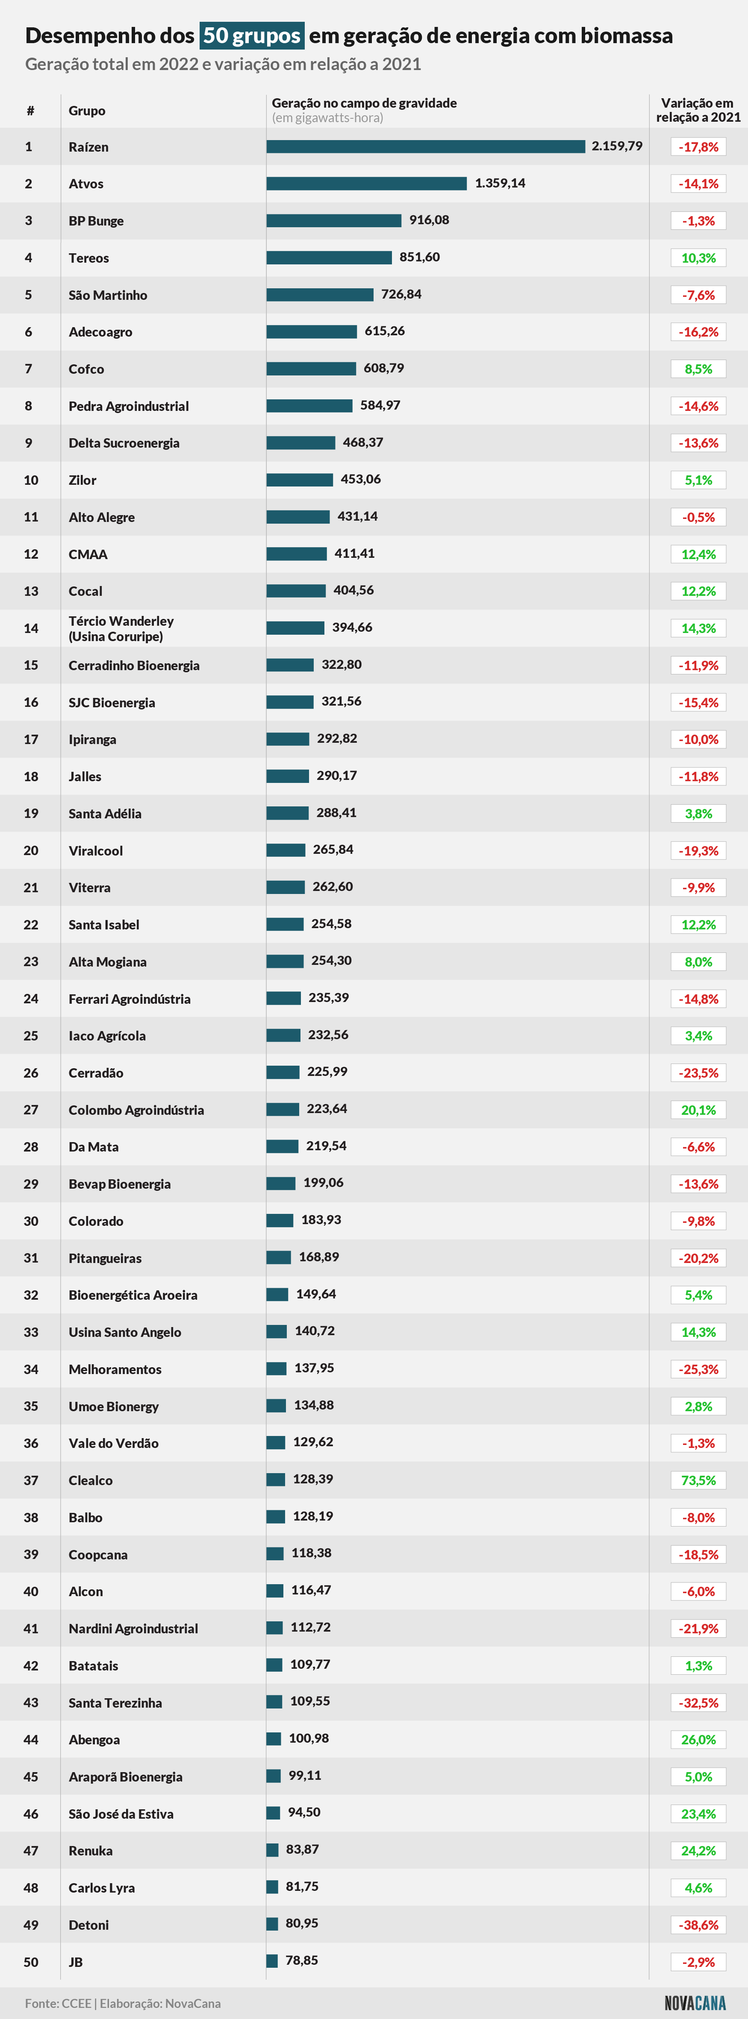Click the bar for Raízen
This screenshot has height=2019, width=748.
pyautogui.click(x=426, y=147)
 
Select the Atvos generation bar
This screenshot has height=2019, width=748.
pyautogui.click(x=367, y=183)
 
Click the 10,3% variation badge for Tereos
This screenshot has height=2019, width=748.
pyautogui.click(x=698, y=258)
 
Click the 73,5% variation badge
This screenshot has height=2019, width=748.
pyautogui.click(x=698, y=1480)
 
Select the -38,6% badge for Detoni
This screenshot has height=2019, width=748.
pyautogui.click(x=698, y=1925)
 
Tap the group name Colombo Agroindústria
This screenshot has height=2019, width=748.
pyautogui.click(x=136, y=1110)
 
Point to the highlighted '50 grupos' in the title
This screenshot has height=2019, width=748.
pyautogui.click(x=252, y=35)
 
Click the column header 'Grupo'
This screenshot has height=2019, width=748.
pyautogui.click(x=87, y=111)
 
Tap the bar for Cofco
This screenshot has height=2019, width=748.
pyautogui.click(x=311, y=368)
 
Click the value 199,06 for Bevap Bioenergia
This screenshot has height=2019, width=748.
pyautogui.click(x=323, y=1183)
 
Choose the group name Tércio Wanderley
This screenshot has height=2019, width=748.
pyautogui.click(x=121, y=621)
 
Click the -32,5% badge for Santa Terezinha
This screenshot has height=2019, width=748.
pyautogui.click(x=698, y=1703)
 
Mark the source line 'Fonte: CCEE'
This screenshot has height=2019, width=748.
pyautogui.click(x=58, y=2003)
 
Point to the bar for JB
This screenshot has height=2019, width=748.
pyautogui.click(x=272, y=1962)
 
